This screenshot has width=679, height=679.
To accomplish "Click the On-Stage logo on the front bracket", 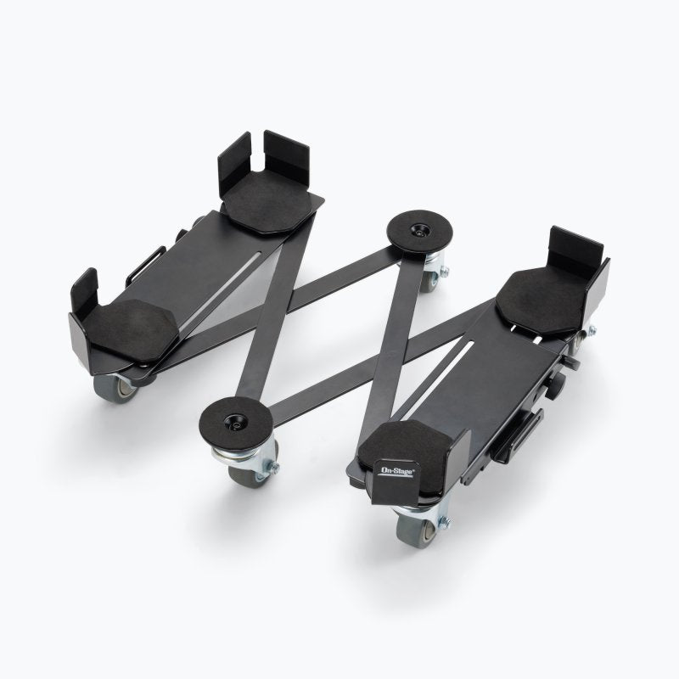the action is click(x=396, y=472).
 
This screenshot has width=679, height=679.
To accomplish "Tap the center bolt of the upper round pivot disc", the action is click(x=418, y=228).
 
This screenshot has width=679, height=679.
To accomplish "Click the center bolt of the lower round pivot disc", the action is click(x=235, y=422).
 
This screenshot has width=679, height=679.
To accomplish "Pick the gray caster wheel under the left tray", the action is click(x=115, y=388).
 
